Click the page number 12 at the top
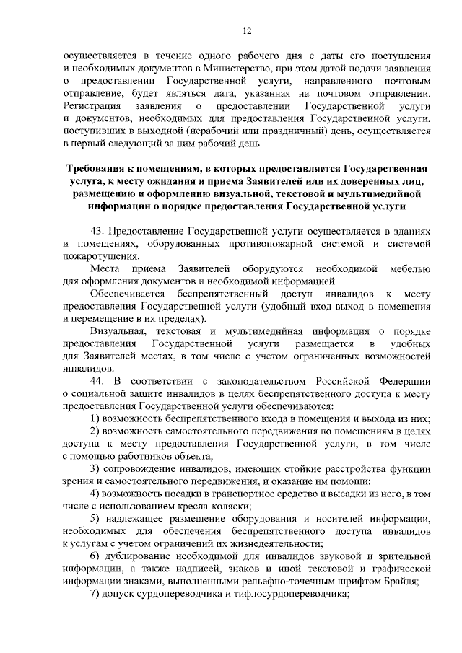click(246, 30)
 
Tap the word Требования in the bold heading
click(92, 167)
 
